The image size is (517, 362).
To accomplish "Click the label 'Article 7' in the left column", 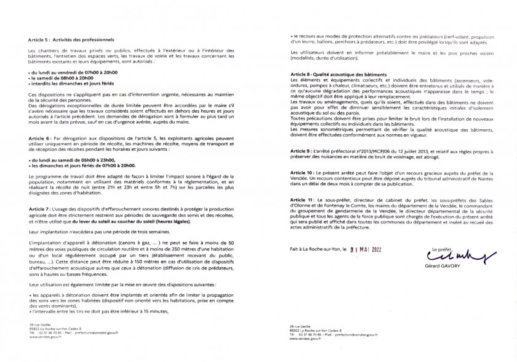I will (39, 209).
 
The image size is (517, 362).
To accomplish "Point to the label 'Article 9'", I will (300, 150).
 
